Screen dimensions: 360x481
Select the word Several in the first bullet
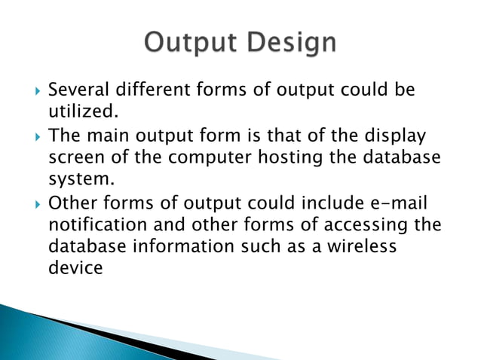[x=78, y=91]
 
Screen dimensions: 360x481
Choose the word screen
[x=78, y=158]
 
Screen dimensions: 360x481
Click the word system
[x=80, y=180]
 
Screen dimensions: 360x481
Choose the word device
[x=75, y=267]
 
